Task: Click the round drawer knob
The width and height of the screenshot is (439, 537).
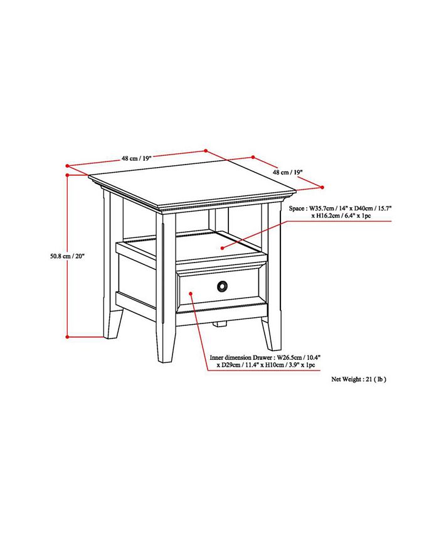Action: click(221, 286)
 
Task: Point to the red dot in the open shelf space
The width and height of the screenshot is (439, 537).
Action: click(222, 249)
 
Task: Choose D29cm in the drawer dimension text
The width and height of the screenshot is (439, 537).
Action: click(231, 364)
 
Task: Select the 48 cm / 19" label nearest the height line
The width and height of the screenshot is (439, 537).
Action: click(136, 159)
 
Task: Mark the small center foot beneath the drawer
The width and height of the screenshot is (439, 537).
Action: click(218, 324)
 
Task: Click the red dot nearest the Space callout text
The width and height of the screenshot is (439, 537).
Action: click(322, 187)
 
